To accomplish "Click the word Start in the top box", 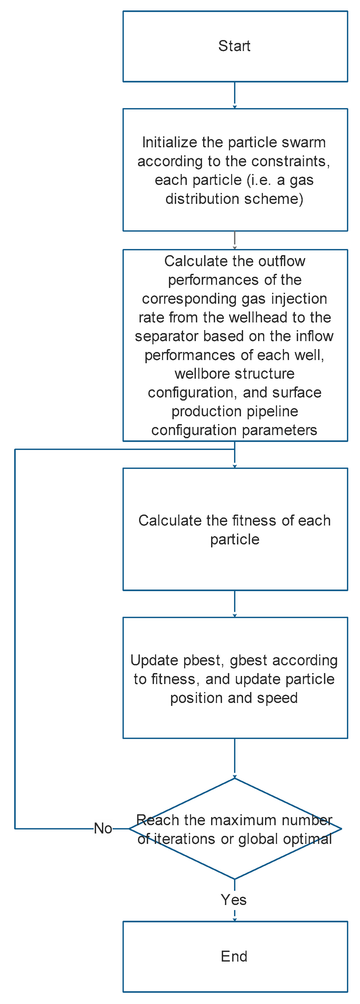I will (234, 46).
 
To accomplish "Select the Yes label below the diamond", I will (234, 900).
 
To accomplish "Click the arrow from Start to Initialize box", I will (235, 95).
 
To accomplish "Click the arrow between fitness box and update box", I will (235, 603).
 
